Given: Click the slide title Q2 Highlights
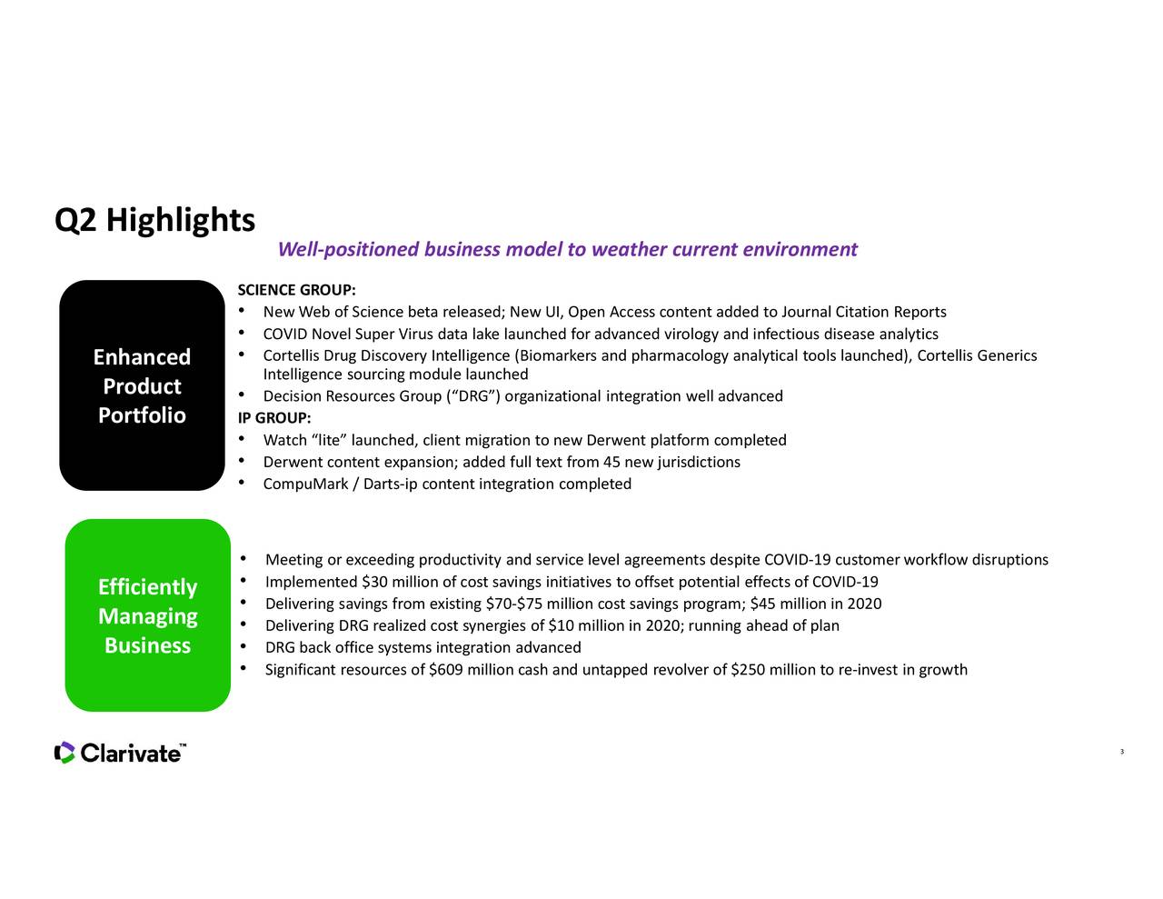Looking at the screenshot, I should pos(154,220).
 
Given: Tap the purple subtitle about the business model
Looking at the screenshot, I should pos(567,250).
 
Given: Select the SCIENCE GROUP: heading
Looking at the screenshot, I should pos(295,291).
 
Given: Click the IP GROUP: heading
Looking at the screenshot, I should pos(273,418).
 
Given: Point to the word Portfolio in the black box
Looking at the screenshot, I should pos(142,416).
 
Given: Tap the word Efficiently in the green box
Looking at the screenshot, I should pos(147,587).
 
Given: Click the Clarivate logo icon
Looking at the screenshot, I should pos(65,753).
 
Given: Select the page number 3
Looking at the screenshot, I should pos(1122,751).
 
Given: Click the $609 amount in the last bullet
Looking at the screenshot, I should pos(445,671).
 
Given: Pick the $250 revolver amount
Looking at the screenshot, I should pos(748,671).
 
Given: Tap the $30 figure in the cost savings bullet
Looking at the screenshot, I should pos(377,583).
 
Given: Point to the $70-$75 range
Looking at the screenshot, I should pos(515,604).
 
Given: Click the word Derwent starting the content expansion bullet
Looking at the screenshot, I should pos(287,463).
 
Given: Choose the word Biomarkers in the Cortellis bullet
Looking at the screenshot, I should pos(556,355).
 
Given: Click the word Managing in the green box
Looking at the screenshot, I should pos(147,616).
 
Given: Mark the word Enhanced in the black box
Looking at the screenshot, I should pos(142,357).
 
